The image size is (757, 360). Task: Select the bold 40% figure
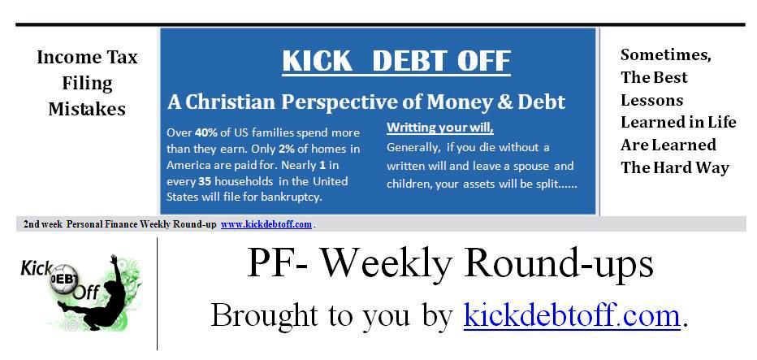(x=205, y=132)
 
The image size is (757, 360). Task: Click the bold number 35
(x=205, y=182)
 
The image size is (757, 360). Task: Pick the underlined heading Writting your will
(x=440, y=128)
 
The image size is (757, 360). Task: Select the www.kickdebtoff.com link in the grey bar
(x=266, y=224)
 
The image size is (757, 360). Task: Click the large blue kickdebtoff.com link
(x=572, y=314)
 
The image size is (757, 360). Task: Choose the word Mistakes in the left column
(x=87, y=108)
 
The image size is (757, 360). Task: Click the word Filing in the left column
(x=87, y=83)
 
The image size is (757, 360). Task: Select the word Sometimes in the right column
(x=666, y=55)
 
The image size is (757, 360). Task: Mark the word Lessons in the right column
(x=651, y=100)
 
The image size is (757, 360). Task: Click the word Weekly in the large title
(x=387, y=262)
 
